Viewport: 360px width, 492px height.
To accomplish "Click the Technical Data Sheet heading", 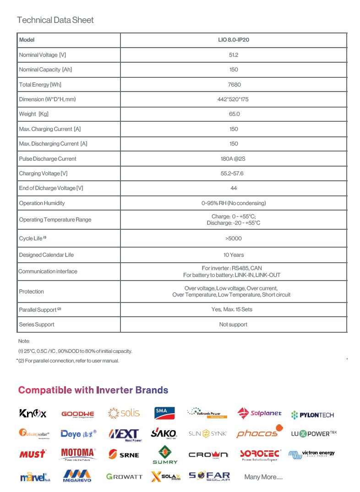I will [55, 20].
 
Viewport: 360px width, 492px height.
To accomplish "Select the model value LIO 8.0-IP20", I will [234, 40].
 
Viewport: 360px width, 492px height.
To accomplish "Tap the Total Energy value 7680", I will [234, 85].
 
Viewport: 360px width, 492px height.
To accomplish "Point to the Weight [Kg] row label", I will [33, 114].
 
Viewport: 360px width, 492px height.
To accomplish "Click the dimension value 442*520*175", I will [234, 99].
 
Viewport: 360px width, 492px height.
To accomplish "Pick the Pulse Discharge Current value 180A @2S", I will [234, 159].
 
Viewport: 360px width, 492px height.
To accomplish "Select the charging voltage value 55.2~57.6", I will [234, 173].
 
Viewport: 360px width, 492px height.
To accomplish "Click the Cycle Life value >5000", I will [234, 238].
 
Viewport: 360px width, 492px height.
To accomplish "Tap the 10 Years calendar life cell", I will [234, 255].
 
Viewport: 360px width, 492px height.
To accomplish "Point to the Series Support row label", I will [37, 324].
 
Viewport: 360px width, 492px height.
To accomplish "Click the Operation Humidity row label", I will [42, 203].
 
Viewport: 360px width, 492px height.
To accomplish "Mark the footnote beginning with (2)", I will [69, 361].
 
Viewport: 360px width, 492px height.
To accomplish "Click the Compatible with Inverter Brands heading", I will [93, 390].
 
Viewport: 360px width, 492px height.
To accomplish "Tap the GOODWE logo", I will [77, 414].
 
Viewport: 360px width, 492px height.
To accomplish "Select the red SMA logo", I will [162, 413].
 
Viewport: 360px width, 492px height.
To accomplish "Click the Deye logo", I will [79, 434].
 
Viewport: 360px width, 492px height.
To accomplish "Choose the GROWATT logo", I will [124, 477].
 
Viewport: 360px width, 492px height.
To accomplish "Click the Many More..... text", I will [263, 477].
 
